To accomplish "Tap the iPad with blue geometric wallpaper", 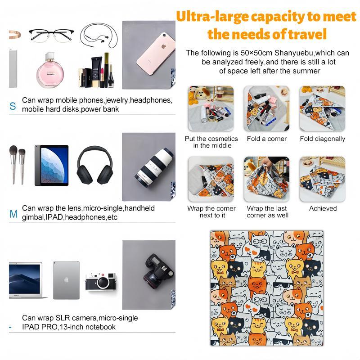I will point(51,165).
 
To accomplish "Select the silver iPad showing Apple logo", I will point(66,280).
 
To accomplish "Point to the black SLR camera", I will point(157,274).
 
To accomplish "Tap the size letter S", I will point(13,107).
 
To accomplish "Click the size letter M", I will point(13,214).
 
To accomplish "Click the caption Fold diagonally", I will point(322,139).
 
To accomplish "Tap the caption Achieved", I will point(323,209).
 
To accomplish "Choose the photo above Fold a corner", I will point(266,108).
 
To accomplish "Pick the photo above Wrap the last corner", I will point(266,179).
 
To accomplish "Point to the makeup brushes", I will point(17,165).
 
